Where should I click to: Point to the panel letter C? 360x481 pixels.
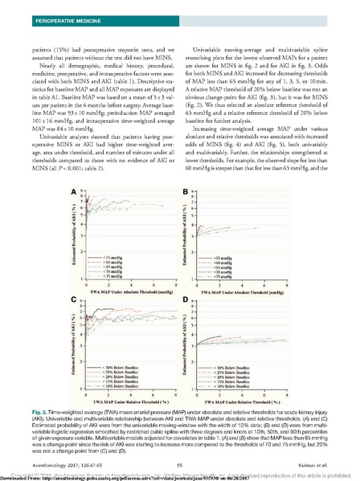[x=74, y=299]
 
